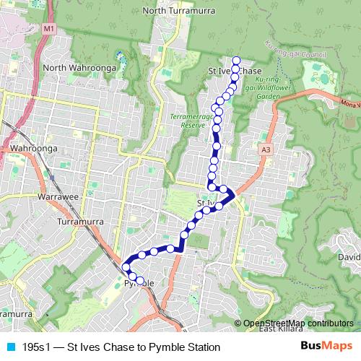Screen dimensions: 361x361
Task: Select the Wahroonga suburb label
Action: pos(34,149)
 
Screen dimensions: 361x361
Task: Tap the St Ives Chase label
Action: pos(235,71)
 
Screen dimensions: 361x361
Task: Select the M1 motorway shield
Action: pos(49,28)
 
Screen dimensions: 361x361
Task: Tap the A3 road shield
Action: pos(266,148)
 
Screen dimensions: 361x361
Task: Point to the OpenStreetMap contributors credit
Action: pos(298,323)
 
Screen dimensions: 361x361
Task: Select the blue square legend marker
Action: pos(10,347)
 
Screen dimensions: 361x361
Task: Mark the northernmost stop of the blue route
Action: pos(236,61)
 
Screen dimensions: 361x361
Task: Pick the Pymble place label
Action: pos(140,284)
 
